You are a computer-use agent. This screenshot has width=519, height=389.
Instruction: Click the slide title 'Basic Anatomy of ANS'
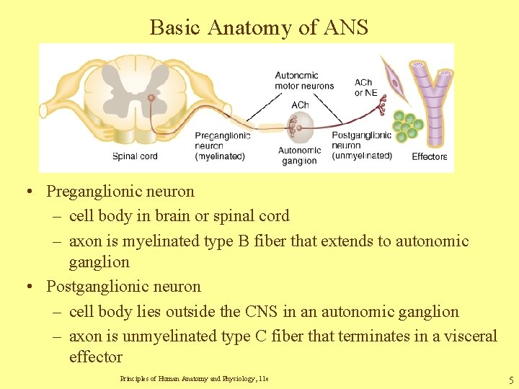point(259,27)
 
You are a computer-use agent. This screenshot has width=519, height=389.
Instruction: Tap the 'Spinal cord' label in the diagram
point(135,156)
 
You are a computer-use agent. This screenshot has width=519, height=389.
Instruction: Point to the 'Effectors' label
point(430,156)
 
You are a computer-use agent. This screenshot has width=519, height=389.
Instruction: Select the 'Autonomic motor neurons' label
point(304,81)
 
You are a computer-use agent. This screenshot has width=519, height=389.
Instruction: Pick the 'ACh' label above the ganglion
point(300,105)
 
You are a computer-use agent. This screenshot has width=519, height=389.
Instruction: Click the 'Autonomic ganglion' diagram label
point(299,156)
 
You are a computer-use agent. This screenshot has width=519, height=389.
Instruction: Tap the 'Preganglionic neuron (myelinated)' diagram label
point(222,146)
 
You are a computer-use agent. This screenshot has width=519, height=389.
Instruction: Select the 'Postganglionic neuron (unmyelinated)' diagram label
point(361,146)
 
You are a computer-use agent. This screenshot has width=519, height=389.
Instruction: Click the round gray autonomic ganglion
point(300,128)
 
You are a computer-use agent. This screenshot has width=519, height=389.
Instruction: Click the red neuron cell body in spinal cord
point(151,97)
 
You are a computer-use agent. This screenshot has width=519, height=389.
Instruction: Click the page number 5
point(510,380)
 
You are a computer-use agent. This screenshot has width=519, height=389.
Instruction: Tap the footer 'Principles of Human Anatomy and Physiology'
point(194,379)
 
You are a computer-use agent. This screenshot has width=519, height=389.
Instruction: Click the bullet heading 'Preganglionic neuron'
point(120,192)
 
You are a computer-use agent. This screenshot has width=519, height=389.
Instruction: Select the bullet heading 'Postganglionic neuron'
point(123,287)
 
